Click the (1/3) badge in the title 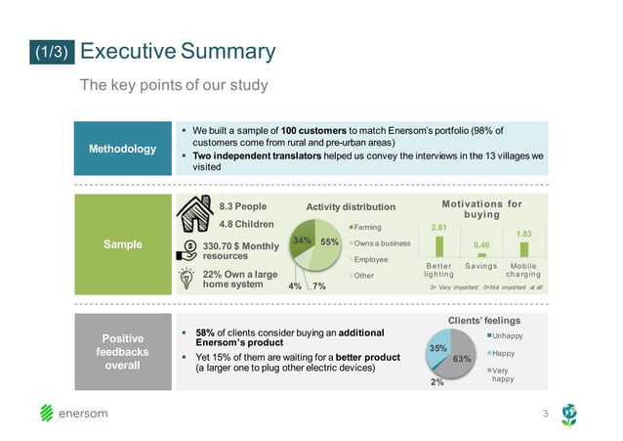(x=49, y=53)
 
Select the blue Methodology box (x=123, y=149)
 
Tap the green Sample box (x=123, y=244)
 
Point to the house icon (x=195, y=213)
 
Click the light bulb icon (x=186, y=279)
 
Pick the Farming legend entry (x=369, y=226)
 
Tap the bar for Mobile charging (x=523, y=248)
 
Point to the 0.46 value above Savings (x=480, y=243)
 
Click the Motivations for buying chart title (x=481, y=209)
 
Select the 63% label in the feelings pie (x=462, y=359)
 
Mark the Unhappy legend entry (x=507, y=335)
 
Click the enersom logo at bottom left (x=74, y=413)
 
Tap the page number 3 (x=545, y=415)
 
